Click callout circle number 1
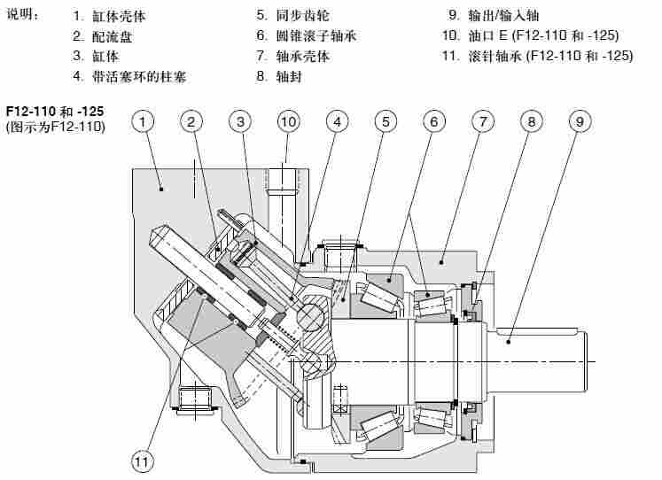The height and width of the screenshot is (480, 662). pyautogui.click(x=144, y=120)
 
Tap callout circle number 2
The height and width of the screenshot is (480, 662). pyautogui.click(x=192, y=120)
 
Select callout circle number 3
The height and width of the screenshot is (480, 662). pyautogui.click(x=240, y=120)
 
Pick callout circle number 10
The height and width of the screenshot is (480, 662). pyautogui.click(x=288, y=120)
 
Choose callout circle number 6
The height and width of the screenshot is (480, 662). pyautogui.click(x=432, y=120)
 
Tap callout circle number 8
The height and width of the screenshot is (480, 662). pyautogui.click(x=529, y=120)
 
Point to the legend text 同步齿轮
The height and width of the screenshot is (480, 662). pyautogui.click(x=303, y=16)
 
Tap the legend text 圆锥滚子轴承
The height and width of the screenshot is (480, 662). pyautogui.click(x=317, y=36)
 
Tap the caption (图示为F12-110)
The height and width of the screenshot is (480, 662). pyautogui.click(x=56, y=128)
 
